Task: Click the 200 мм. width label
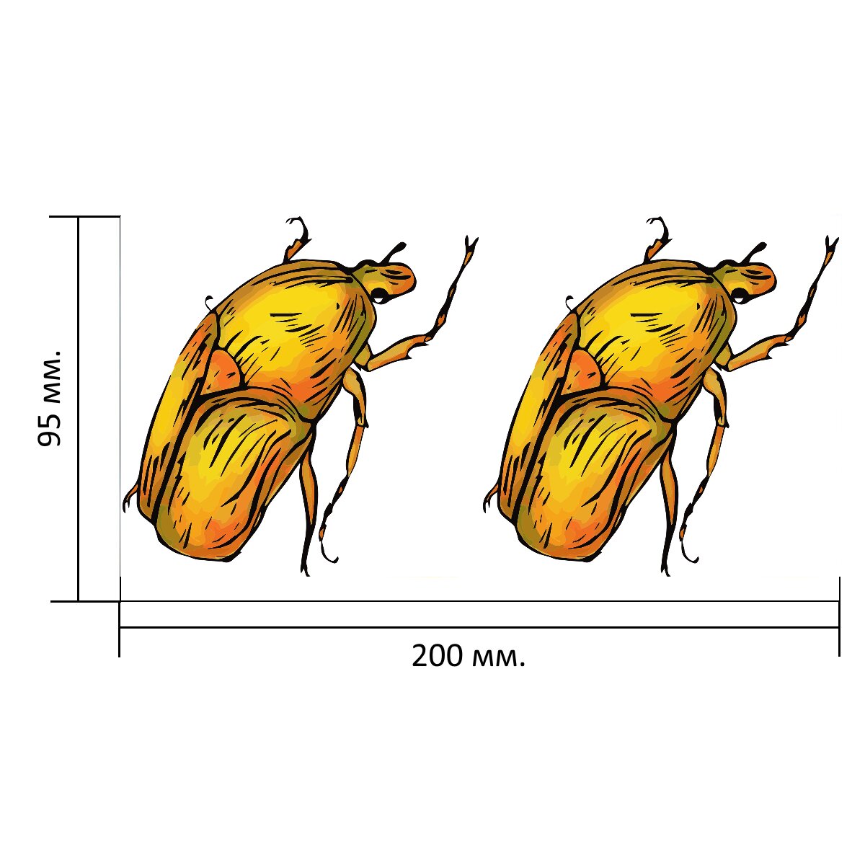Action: [468, 657]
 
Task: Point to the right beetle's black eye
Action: [739, 293]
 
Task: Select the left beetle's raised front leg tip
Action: [471, 243]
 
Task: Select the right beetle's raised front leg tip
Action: [831, 243]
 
